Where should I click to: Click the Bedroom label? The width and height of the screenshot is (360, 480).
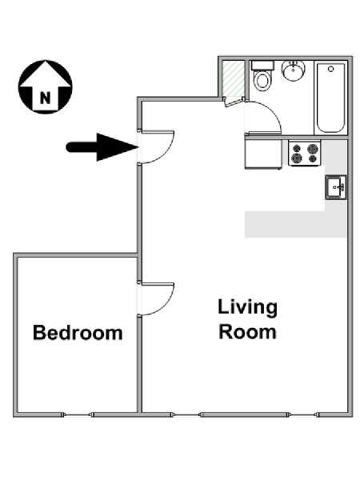pyautogui.click(x=78, y=333)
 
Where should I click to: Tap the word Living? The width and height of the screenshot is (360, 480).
pyautogui.click(x=248, y=308)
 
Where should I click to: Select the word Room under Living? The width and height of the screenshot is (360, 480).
pyautogui.click(x=248, y=332)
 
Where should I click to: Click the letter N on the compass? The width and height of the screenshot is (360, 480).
pyautogui.click(x=45, y=98)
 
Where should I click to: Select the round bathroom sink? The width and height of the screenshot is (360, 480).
pyautogui.click(x=294, y=70)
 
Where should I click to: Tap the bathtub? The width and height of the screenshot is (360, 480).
pyautogui.click(x=330, y=98)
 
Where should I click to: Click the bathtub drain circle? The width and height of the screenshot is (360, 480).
pyautogui.click(x=330, y=69)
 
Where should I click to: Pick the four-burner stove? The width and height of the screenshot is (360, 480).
pyautogui.click(x=304, y=153)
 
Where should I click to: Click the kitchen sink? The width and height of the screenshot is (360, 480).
pyautogui.click(x=336, y=187)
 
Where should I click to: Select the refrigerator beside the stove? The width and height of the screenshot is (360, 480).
pyautogui.click(x=263, y=153)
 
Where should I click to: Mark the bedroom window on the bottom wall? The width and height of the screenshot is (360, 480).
pyautogui.click(x=78, y=414)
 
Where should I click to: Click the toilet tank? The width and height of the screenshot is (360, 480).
pyautogui.click(x=262, y=66)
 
